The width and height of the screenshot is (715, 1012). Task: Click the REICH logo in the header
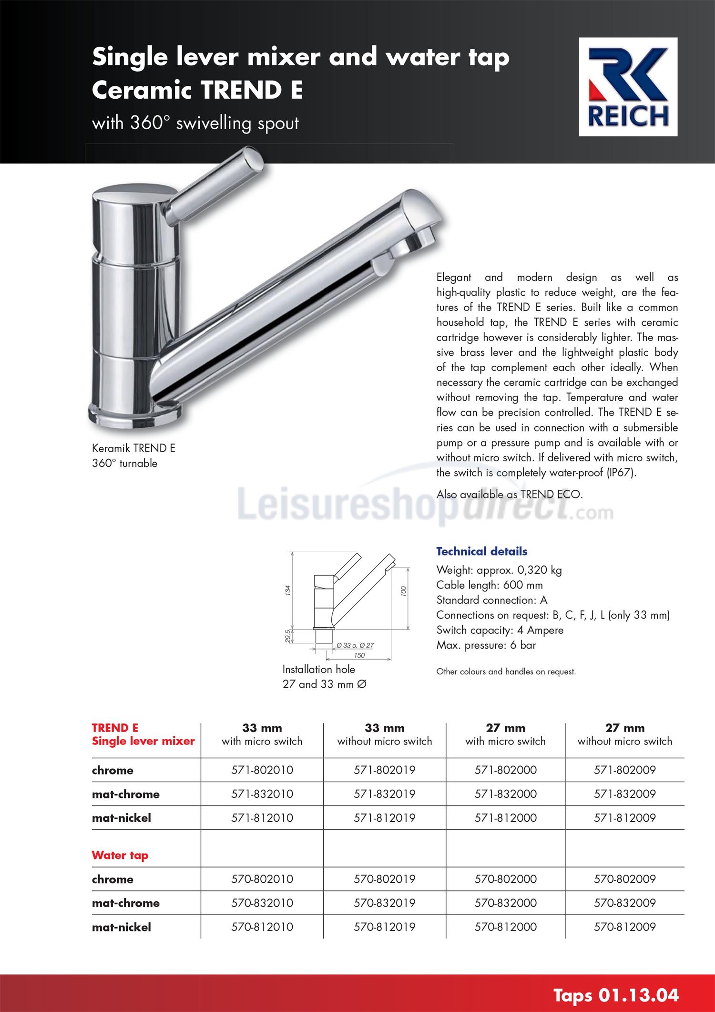[x=628, y=88]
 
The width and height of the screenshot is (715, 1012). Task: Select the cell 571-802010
[x=262, y=770]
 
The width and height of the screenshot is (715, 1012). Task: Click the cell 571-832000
[x=505, y=794]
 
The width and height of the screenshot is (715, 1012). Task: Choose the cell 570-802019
[x=385, y=879]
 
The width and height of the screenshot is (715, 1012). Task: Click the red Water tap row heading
[x=120, y=855]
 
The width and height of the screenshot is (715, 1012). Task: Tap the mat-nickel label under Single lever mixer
[x=122, y=818]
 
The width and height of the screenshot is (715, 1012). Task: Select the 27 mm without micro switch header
[x=624, y=735]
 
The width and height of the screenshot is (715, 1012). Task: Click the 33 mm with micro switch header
[x=262, y=735]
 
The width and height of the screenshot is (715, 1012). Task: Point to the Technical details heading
[x=481, y=551]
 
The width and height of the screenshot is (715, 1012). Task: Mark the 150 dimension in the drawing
[x=359, y=655]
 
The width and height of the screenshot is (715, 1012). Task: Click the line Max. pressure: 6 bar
[x=486, y=645]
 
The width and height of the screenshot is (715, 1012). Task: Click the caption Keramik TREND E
[x=133, y=448]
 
